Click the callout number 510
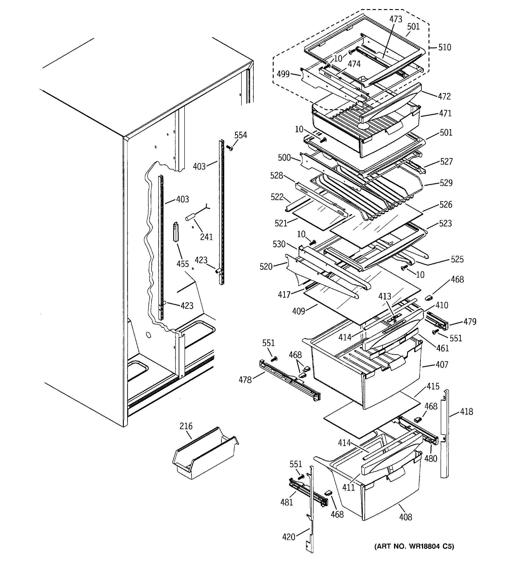(x=444, y=47)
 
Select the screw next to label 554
(x=230, y=148)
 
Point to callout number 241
(x=206, y=237)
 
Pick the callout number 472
(x=444, y=97)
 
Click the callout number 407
(x=442, y=365)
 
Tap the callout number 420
(x=289, y=537)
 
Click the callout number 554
(x=241, y=135)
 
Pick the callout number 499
(x=283, y=74)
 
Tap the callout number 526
(x=446, y=204)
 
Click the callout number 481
(x=287, y=502)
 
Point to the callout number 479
(x=470, y=322)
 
